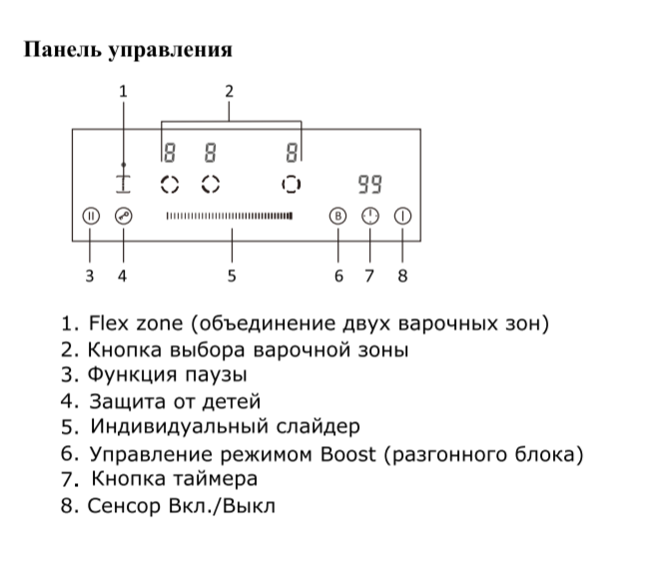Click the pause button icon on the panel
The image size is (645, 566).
[90, 215]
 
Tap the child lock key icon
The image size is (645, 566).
[123, 215]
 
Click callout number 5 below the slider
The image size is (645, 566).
[232, 276]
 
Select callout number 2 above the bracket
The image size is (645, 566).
[230, 92]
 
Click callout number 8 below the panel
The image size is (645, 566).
[403, 276]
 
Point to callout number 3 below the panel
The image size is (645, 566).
[90, 276]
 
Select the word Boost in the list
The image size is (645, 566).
[347, 454]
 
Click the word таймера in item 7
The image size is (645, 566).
[215, 480]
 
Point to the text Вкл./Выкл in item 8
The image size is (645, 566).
[227, 506]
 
